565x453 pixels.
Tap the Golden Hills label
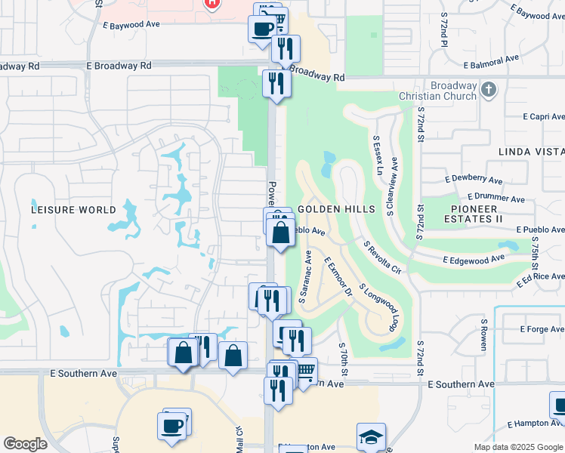click(336, 208)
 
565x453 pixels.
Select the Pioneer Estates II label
click(486, 214)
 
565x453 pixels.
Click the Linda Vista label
click(531, 152)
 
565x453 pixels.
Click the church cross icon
click(488, 91)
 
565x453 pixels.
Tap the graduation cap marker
click(371, 437)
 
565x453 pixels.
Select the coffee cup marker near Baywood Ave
click(262, 29)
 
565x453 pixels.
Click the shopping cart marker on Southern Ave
click(305, 371)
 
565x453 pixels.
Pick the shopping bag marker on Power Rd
click(280, 233)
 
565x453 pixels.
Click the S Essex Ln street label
click(378, 156)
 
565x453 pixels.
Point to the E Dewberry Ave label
click(474, 180)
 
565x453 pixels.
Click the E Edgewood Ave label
click(475, 258)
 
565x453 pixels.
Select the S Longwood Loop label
click(377, 307)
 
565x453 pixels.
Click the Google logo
click(25, 444)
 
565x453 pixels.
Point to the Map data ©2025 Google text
click(518, 447)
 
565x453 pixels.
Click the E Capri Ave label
click(543, 117)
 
